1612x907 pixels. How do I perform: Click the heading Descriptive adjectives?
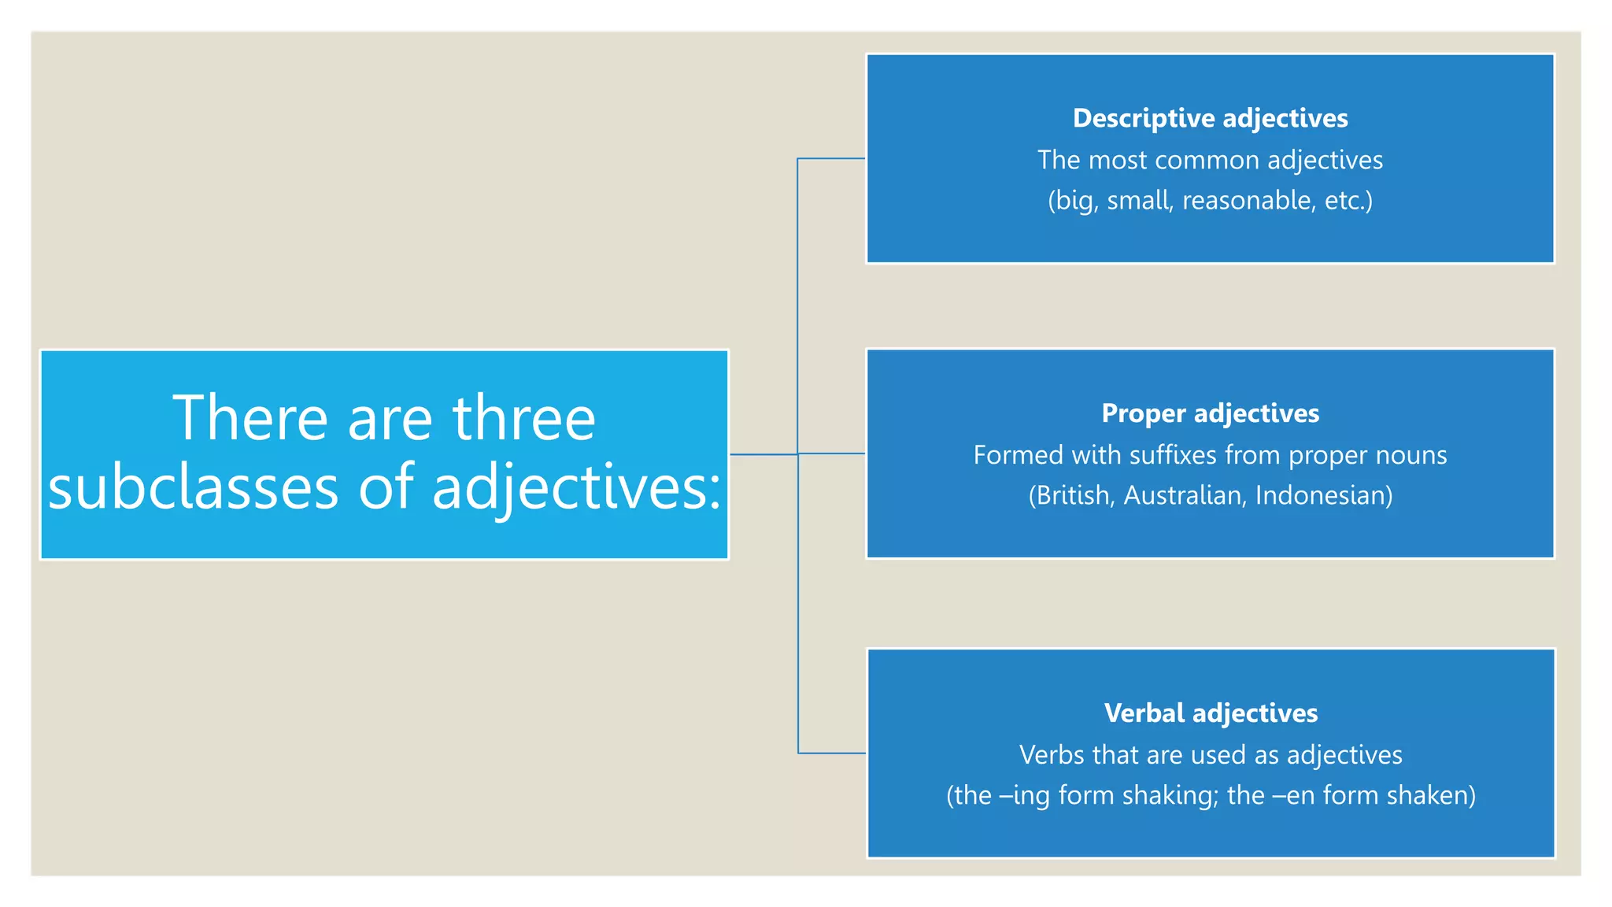click(x=1210, y=118)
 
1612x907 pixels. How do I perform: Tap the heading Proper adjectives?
click(x=1210, y=413)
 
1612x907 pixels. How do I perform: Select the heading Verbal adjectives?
click(x=1211, y=713)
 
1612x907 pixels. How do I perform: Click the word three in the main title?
click(x=524, y=418)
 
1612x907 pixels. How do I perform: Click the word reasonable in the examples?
click(x=1247, y=201)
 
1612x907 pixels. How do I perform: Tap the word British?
click(x=1073, y=496)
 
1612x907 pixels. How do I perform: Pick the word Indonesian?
click(x=1323, y=496)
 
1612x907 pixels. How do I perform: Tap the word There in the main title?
click(x=250, y=418)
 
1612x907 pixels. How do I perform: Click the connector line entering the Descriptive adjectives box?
click(x=831, y=159)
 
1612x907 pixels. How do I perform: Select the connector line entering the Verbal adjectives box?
click(x=831, y=753)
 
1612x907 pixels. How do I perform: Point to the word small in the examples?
click(x=1140, y=201)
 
